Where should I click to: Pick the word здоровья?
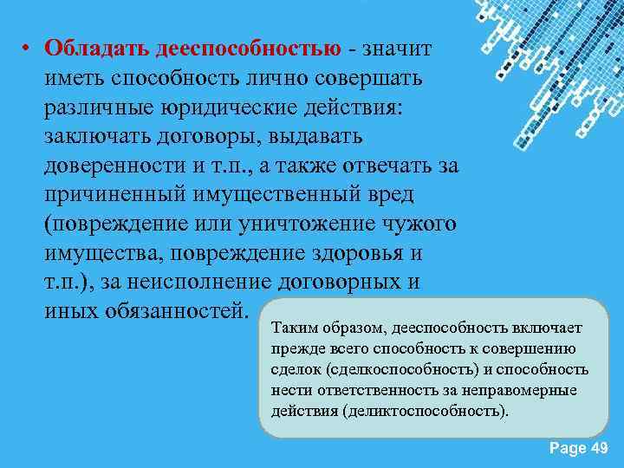click(359, 254)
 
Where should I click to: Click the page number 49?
click(598, 447)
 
